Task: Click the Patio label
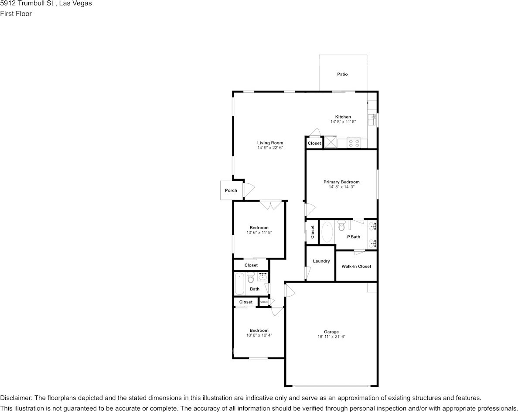click(342, 74)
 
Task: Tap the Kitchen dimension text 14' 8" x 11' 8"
click(343, 122)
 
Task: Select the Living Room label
click(270, 143)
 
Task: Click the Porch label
click(231, 190)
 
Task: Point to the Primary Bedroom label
click(341, 182)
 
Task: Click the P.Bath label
click(354, 237)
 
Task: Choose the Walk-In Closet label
click(356, 266)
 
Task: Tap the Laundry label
click(321, 261)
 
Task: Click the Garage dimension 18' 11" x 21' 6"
click(331, 337)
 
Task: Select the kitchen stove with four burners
click(354, 142)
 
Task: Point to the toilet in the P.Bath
click(341, 226)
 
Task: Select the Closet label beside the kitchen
click(314, 143)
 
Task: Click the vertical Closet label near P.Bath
click(313, 232)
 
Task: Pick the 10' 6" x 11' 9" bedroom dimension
click(259, 233)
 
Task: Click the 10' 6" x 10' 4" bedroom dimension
click(259, 335)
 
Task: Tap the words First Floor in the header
click(16, 14)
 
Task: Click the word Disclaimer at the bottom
click(16, 398)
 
